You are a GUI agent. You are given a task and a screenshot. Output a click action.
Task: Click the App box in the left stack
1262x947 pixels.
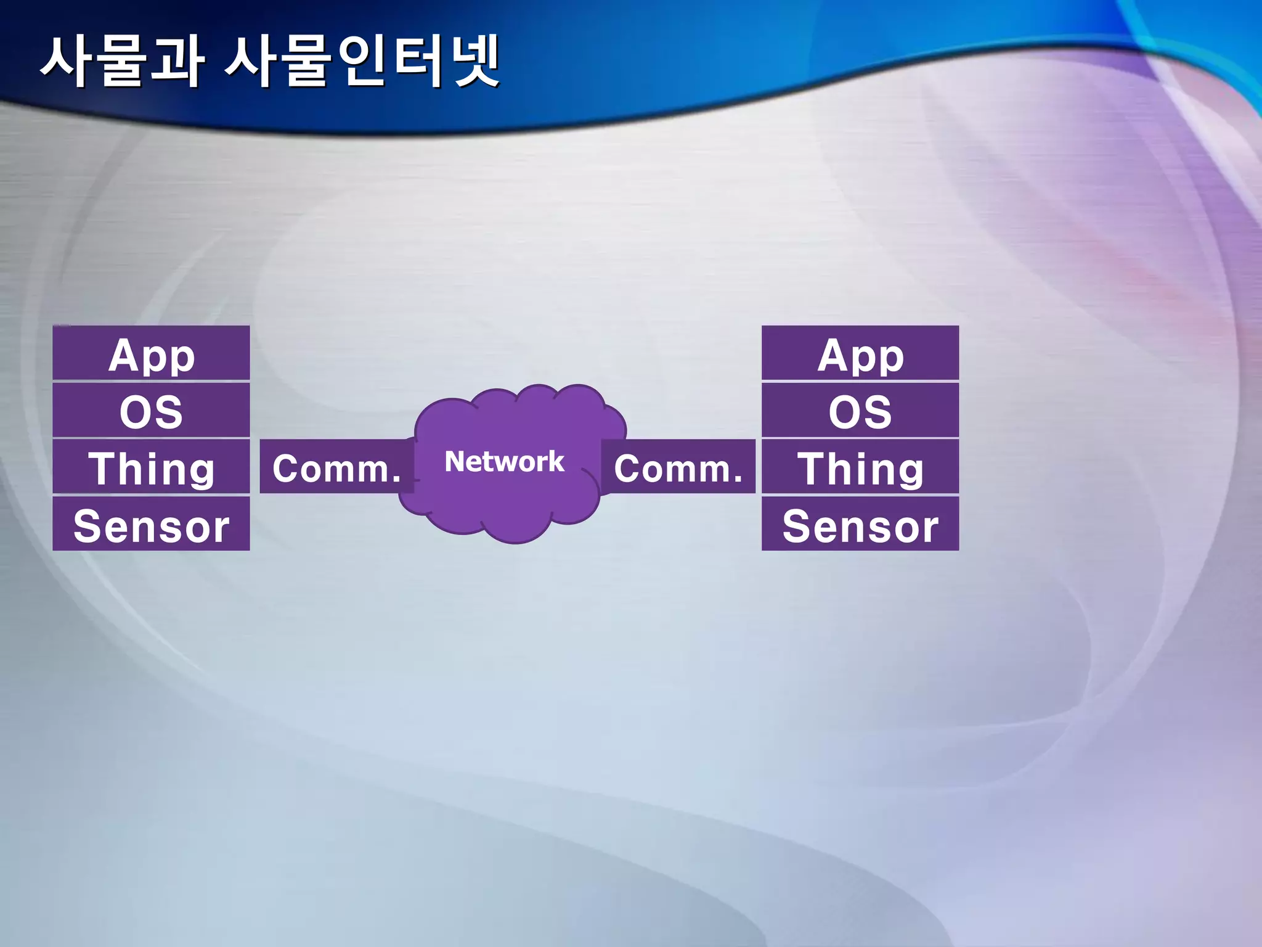(151, 353)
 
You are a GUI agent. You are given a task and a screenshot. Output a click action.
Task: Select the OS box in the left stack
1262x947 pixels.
(151, 411)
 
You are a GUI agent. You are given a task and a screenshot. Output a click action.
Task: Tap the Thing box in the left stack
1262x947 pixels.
(151, 467)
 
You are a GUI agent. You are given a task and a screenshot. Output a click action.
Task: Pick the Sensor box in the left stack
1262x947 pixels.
(151, 524)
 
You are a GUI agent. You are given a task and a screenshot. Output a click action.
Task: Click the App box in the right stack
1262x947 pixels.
(860, 353)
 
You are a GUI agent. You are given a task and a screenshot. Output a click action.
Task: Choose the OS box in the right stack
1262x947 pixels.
(860, 411)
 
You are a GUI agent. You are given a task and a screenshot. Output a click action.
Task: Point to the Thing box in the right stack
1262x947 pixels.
(860, 467)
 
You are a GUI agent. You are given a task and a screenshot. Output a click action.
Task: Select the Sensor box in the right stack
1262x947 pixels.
(860, 524)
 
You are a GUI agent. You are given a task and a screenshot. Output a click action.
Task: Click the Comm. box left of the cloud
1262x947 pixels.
(336, 467)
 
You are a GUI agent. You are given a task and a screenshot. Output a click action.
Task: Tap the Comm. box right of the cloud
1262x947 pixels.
(678, 467)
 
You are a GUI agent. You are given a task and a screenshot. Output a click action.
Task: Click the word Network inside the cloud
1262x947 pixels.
(504, 461)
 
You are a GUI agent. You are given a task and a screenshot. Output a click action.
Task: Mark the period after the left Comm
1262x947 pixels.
(396, 480)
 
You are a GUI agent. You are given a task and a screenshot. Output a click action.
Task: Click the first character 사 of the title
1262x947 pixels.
(67, 62)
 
